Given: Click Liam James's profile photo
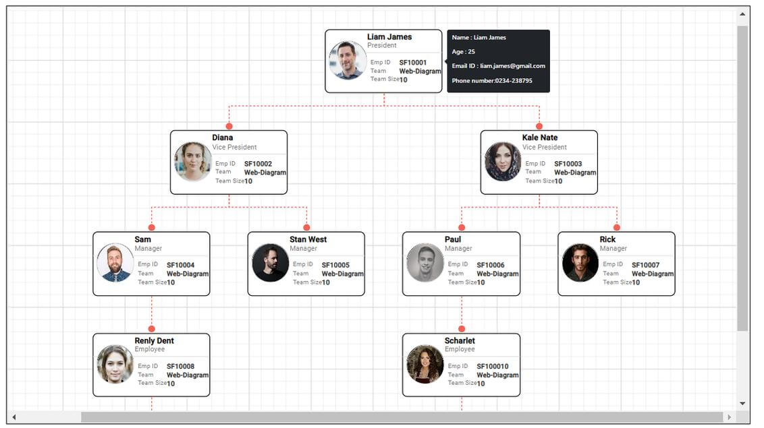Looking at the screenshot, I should pyautogui.click(x=348, y=61).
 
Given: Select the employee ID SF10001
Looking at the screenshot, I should pyautogui.click(x=412, y=63).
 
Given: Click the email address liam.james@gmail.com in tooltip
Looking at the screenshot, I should pyautogui.click(x=512, y=66).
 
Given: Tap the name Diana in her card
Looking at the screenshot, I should pyautogui.click(x=223, y=137).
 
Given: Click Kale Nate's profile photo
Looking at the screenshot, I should pyautogui.click(x=503, y=162).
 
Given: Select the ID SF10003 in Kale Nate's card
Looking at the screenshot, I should pyautogui.click(x=568, y=164).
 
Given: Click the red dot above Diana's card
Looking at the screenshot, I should pyautogui.click(x=229, y=126).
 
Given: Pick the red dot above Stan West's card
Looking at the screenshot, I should pyautogui.click(x=306, y=227).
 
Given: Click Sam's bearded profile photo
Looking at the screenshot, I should pyautogui.click(x=115, y=263).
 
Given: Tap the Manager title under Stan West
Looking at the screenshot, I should pyautogui.click(x=303, y=249).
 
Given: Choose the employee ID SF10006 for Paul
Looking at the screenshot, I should pyautogui.click(x=490, y=265).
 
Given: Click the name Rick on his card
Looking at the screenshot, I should pyautogui.click(x=607, y=239).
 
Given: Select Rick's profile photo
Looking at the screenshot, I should pyautogui.click(x=580, y=263).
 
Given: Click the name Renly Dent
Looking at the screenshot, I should pyautogui.click(x=154, y=340).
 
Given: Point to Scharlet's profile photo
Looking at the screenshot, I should pyautogui.click(x=425, y=364).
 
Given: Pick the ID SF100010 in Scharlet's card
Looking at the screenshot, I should pyautogui.click(x=493, y=367).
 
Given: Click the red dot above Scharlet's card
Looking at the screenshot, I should pyautogui.click(x=462, y=329).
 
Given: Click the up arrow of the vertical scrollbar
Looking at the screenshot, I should pyautogui.click(x=742, y=14).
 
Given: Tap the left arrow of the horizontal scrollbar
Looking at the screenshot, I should pyautogui.click(x=14, y=417).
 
